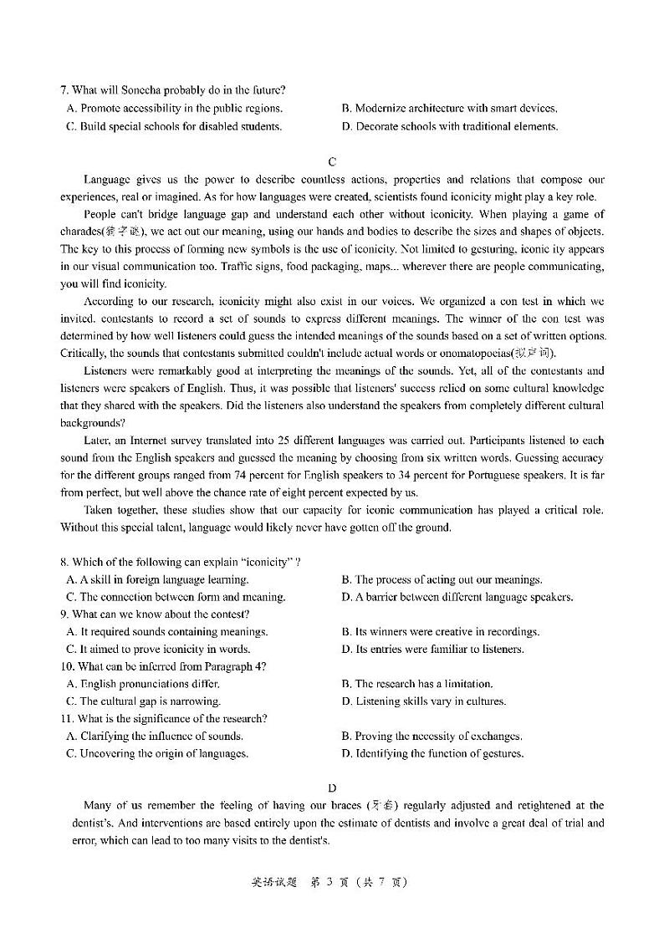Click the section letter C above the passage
tap(332, 161)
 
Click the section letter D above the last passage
tap(332, 788)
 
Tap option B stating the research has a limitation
tap(417, 684)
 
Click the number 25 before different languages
tap(280, 441)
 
